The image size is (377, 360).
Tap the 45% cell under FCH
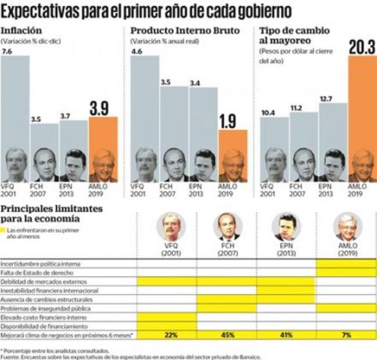point(227,336)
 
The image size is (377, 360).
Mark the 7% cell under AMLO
point(346,336)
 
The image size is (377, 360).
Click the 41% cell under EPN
point(286,336)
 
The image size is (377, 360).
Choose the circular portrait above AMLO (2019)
point(347,227)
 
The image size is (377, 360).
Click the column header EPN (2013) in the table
point(286,249)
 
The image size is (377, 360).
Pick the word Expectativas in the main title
point(44,11)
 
